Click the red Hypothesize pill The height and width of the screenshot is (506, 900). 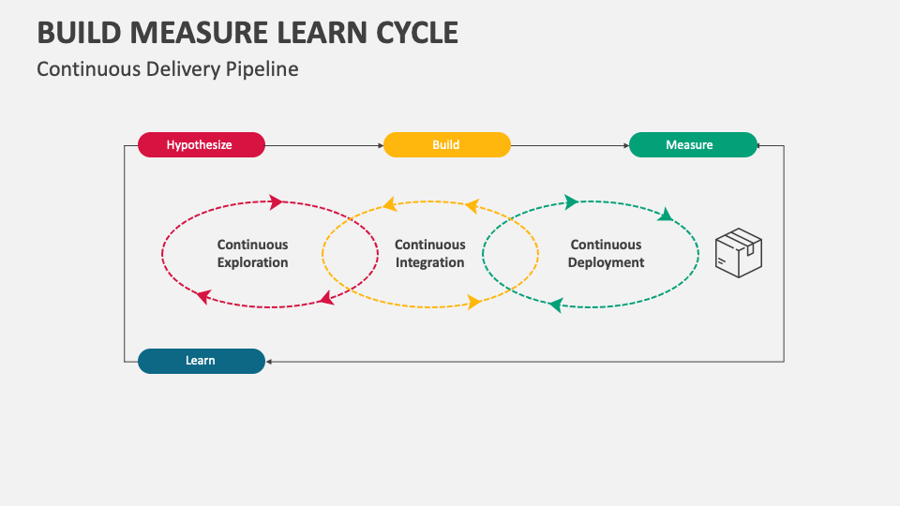[x=201, y=145]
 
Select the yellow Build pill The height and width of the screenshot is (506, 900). [x=446, y=145]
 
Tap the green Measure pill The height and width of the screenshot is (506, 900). [x=692, y=145]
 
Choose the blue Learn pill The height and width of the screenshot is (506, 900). [x=201, y=361]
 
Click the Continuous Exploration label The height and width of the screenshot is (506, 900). [x=252, y=254]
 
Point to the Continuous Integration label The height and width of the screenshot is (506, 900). [x=429, y=254]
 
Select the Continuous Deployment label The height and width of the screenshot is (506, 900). [x=606, y=254]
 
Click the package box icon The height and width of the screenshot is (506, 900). [x=739, y=252]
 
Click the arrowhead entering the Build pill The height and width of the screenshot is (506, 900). [x=380, y=145]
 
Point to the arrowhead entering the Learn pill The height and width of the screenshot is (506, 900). [x=269, y=361]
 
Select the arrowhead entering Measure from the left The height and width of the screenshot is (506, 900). [x=625, y=145]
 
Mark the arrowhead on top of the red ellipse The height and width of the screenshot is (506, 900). [x=276, y=201]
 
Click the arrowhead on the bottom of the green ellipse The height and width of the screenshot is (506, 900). [x=555, y=305]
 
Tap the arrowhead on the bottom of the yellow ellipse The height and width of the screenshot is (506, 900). [x=474, y=302]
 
